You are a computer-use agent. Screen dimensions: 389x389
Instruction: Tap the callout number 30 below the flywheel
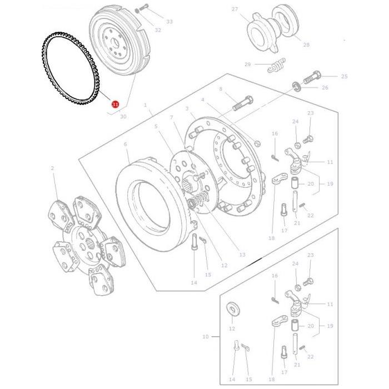click(x=123, y=117)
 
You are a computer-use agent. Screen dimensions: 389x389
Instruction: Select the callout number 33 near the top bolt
click(x=169, y=21)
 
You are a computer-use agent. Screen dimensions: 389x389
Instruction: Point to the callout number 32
click(x=158, y=29)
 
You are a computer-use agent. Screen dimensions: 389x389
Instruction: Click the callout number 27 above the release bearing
click(x=235, y=9)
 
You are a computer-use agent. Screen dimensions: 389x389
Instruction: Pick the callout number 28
click(x=306, y=45)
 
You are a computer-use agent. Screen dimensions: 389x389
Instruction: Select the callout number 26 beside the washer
click(x=325, y=88)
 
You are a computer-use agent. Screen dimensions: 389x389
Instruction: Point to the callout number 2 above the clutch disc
click(x=52, y=168)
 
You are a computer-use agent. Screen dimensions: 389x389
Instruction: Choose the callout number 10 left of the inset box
click(x=205, y=337)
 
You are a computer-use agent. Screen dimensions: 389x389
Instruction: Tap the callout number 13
click(x=242, y=255)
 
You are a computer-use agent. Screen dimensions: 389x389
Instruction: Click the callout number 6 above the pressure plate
click(x=126, y=144)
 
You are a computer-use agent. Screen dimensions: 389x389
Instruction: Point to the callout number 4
click(x=202, y=100)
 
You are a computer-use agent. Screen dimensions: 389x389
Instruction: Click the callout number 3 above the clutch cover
click(x=187, y=109)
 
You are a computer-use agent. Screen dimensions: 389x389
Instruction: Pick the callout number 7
click(x=171, y=117)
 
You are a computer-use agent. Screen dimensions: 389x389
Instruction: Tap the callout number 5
click(x=156, y=126)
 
